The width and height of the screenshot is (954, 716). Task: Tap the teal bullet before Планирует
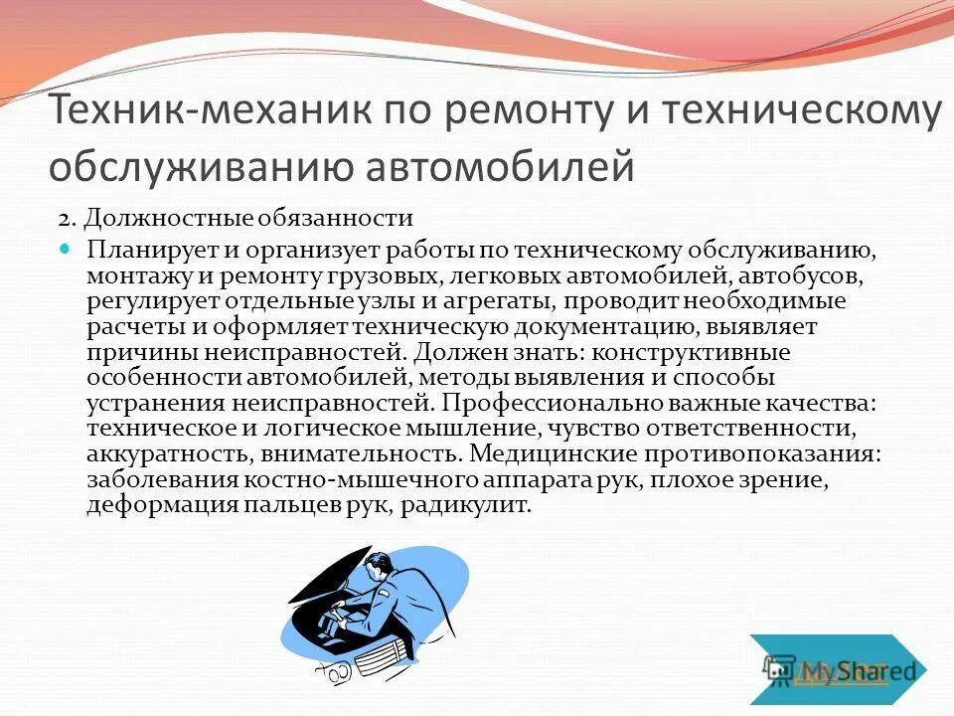(x=67, y=248)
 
